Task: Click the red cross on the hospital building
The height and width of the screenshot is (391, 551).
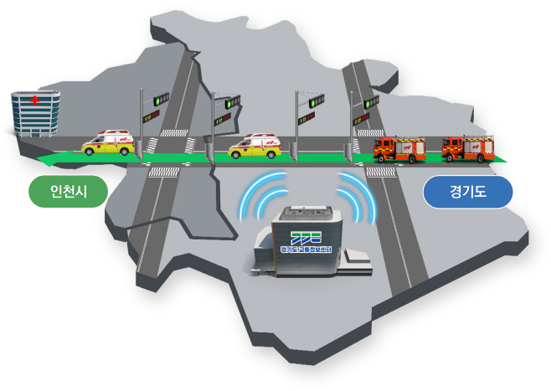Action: point(34,100)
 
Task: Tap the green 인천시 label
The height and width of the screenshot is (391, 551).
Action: point(69,192)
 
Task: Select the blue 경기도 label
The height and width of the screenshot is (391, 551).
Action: point(467,192)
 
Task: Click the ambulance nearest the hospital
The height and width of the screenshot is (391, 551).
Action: point(106,144)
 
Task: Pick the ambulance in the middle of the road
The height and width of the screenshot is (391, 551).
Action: point(253,146)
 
